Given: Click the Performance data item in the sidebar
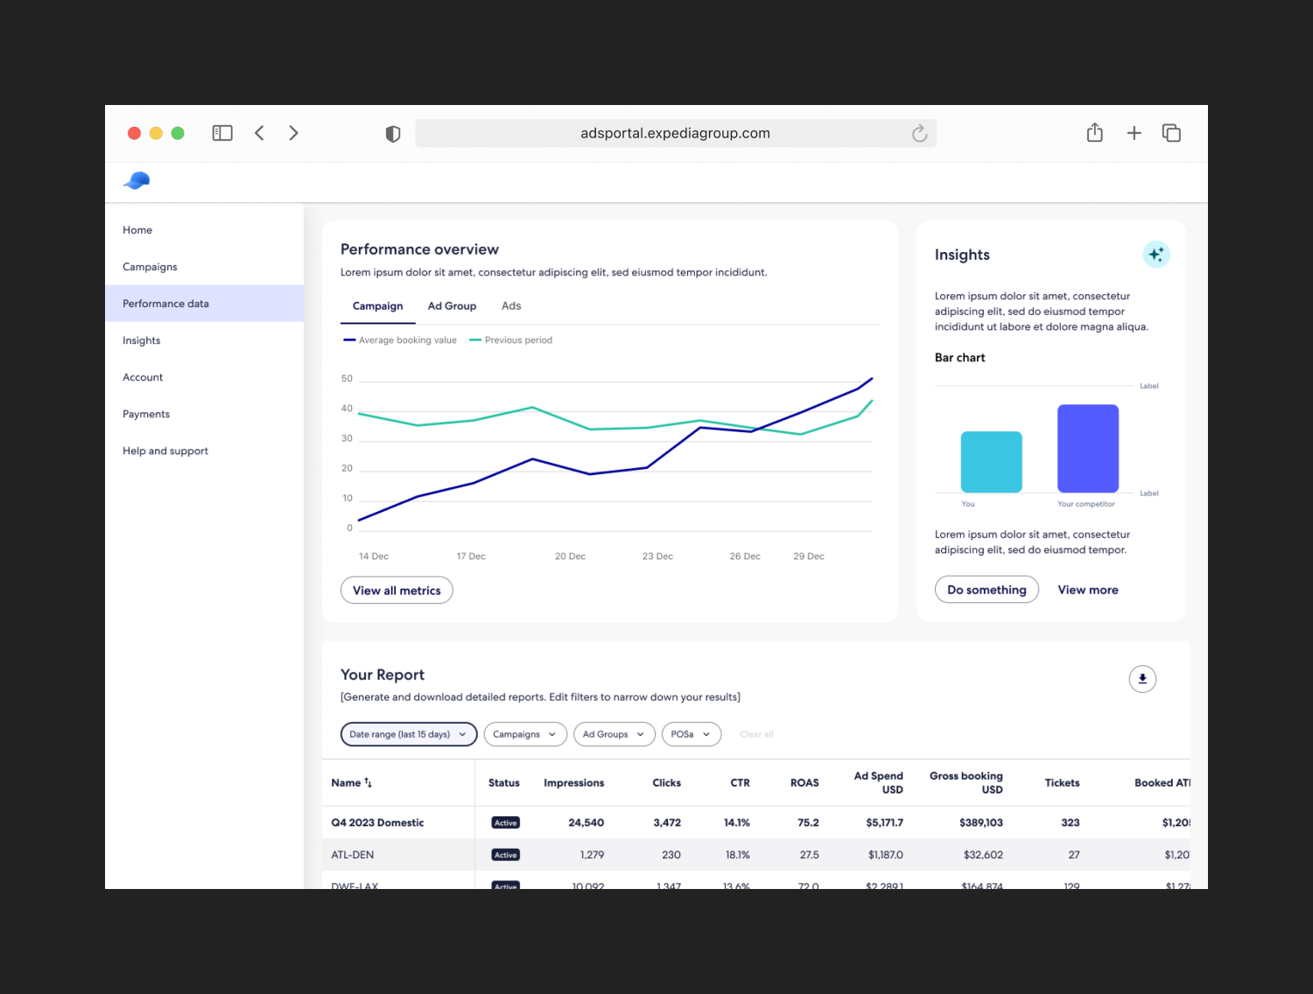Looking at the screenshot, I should click(166, 304).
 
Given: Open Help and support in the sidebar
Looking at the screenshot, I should click(165, 451).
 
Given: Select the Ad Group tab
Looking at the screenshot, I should click(452, 306).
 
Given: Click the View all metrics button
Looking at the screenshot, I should click(397, 591).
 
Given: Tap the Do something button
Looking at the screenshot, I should click(987, 590).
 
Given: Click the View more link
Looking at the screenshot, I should click(1088, 590).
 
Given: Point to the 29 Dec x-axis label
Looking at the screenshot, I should click(809, 556).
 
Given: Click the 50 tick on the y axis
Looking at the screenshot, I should click(348, 379).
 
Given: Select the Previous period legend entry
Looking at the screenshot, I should click(517, 340).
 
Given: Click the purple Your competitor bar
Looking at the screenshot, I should click(1088, 448).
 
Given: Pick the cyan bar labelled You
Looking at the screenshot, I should click(991, 461).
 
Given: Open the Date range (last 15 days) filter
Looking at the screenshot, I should click(408, 734).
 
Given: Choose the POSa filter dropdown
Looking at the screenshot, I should click(691, 734).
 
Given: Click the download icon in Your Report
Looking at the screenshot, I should click(1142, 679).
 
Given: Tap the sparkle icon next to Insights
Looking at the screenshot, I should click(1156, 255).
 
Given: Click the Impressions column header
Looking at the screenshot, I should click(573, 783).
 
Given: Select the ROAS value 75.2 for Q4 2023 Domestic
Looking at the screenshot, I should click(808, 822).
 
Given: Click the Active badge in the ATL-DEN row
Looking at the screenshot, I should click(506, 855).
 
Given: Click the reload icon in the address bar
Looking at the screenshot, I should click(919, 133).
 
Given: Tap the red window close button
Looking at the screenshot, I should click(134, 133).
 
